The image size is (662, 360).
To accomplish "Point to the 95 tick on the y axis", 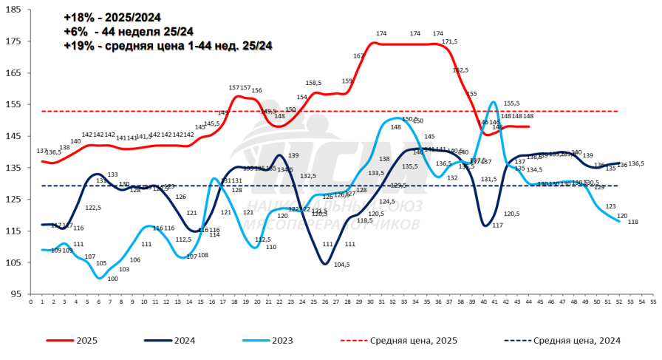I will [16, 293].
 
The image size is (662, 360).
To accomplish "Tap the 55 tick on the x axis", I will [652, 302].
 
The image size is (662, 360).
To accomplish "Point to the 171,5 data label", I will [451, 42].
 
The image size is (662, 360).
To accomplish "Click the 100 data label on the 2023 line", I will [113, 279].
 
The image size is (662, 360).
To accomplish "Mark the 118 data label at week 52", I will [633, 222].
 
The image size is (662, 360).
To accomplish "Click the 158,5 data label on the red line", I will [313, 84].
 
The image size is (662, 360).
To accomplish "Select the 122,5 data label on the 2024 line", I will [92, 208].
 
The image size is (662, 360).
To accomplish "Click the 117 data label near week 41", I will [497, 225].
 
